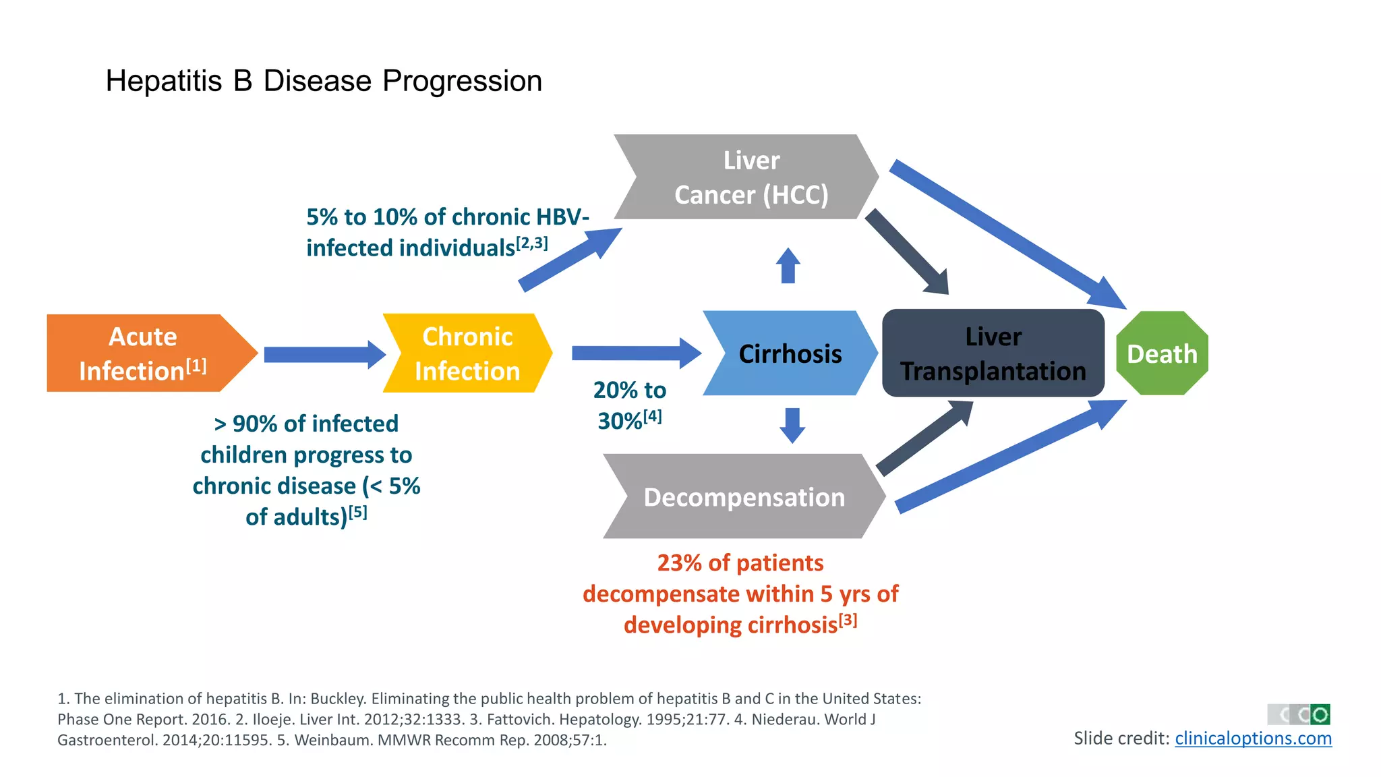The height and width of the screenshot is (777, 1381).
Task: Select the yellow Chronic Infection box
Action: pyautogui.click(x=467, y=353)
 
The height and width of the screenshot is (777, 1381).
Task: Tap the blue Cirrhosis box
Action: pyautogui.click(x=790, y=353)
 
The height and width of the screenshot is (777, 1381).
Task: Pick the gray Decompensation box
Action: pyautogui.click(x=744, y=496)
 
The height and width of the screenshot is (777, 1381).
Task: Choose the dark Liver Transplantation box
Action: pyautogui.click(x=993, y=353)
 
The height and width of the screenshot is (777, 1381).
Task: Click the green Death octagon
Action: pyautogui.click(x=1162, y=353)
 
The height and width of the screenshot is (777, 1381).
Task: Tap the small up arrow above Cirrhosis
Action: pyautogui.click(x=788, y=266)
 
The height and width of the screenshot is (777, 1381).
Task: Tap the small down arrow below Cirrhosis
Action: pyautogui.click(x=792, y=424)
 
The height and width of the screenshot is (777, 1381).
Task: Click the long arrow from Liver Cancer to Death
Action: pyautogui.click(x=1005, y=233)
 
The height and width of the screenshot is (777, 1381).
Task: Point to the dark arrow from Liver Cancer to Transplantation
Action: pyautogui.click(x=907, y=252)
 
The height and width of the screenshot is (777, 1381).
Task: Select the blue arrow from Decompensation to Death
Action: pyautogui.click(x=1008, y=457)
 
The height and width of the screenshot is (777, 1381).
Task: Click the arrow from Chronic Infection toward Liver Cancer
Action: pyautogui.click(x=570, y=260)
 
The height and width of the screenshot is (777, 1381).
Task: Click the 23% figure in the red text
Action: pyautogui.click(x=678, y=563)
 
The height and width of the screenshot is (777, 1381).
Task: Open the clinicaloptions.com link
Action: pyautogui.click(x=1253, y=739)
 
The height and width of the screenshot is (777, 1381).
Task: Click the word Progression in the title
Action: pyautogui.click(x=462, y=81)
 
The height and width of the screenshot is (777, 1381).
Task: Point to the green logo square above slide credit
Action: pyautogui.click(x=1320, y=714)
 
